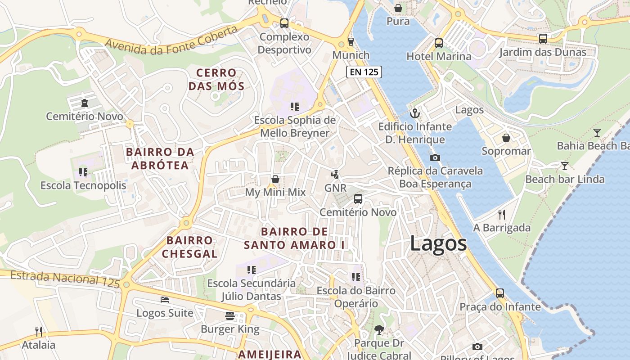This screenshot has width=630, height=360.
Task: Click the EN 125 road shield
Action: click(x=364, y=72)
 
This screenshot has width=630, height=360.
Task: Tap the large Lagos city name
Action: click(x=438, y=243)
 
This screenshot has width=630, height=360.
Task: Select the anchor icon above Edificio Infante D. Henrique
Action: click(x=414, y=113)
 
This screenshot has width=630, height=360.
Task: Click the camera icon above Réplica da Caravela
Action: click(x=435, y=157)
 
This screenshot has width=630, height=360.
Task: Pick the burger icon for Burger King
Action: click(x=230, y=316)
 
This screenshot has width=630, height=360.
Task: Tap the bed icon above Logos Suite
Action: click(x=165, y=300)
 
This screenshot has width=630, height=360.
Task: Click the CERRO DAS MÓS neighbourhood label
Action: click(x=216, y=79)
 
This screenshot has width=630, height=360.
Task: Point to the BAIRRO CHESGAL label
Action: click(x=189, y=247)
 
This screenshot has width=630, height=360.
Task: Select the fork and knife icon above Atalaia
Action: click(x=39, y=332)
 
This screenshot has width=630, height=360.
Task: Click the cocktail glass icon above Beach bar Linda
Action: click(x=565, y=166)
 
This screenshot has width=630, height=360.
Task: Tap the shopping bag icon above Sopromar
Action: click(x=506, y=138)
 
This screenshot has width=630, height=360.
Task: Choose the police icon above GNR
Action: click(x=335, y=175)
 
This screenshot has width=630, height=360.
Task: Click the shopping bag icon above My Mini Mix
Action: click(x=275, y=179)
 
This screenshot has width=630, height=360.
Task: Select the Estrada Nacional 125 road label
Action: click(x=65, y=279)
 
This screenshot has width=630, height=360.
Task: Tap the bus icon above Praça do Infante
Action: click(x=500, y=293)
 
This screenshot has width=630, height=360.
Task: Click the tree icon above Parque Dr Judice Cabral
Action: click(x=379, y=330)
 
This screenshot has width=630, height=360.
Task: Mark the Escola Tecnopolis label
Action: click(x=83, y=185)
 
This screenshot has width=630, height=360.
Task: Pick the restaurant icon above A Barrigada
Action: click(x=502, y=214)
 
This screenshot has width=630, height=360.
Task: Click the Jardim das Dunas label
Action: click(x=543, y=52)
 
